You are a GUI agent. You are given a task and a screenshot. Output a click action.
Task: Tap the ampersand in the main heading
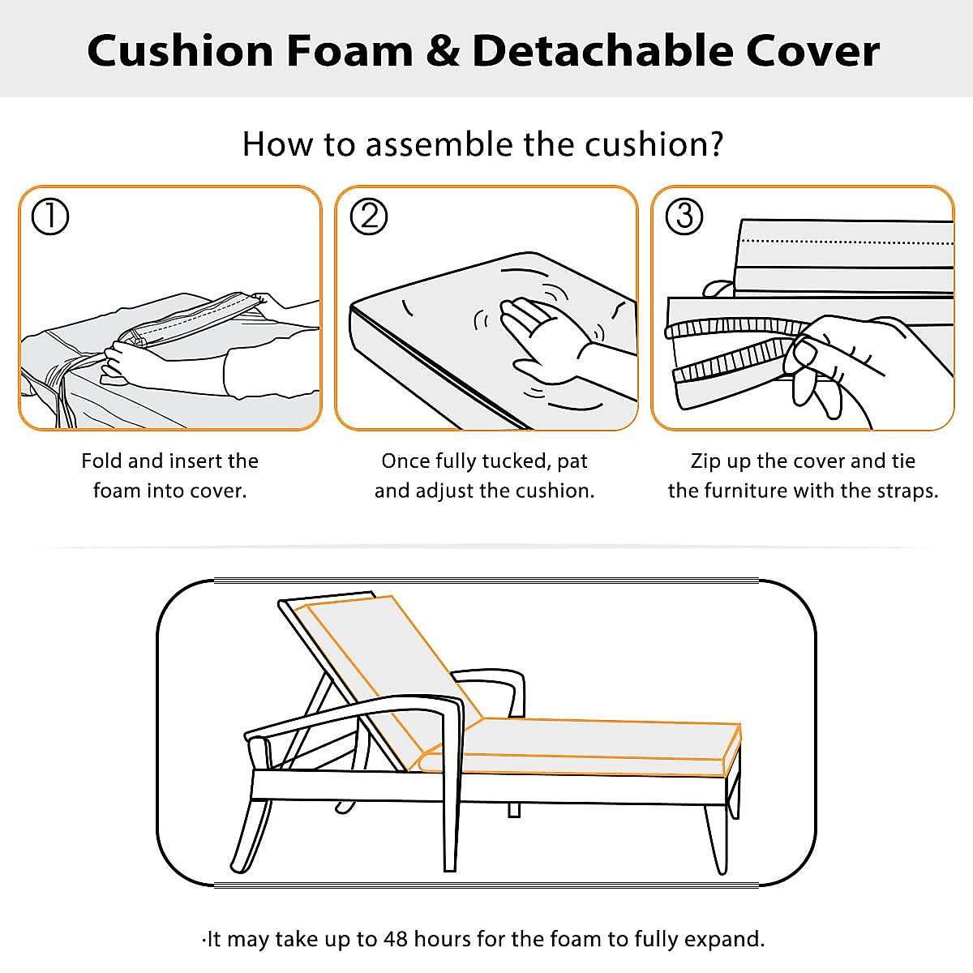(x=442, y=50)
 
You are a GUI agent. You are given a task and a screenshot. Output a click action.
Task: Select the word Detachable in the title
(x=601, y=50)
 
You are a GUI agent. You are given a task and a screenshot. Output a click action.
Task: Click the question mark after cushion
(x=714, y=144)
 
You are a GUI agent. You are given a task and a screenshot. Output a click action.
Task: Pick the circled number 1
(x=50, y=216)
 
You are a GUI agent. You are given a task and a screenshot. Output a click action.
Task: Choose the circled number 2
(x=369, y=216)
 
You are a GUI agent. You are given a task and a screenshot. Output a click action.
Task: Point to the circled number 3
(x=684, y=216)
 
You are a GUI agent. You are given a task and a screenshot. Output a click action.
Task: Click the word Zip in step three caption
(x=705, y=461)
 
